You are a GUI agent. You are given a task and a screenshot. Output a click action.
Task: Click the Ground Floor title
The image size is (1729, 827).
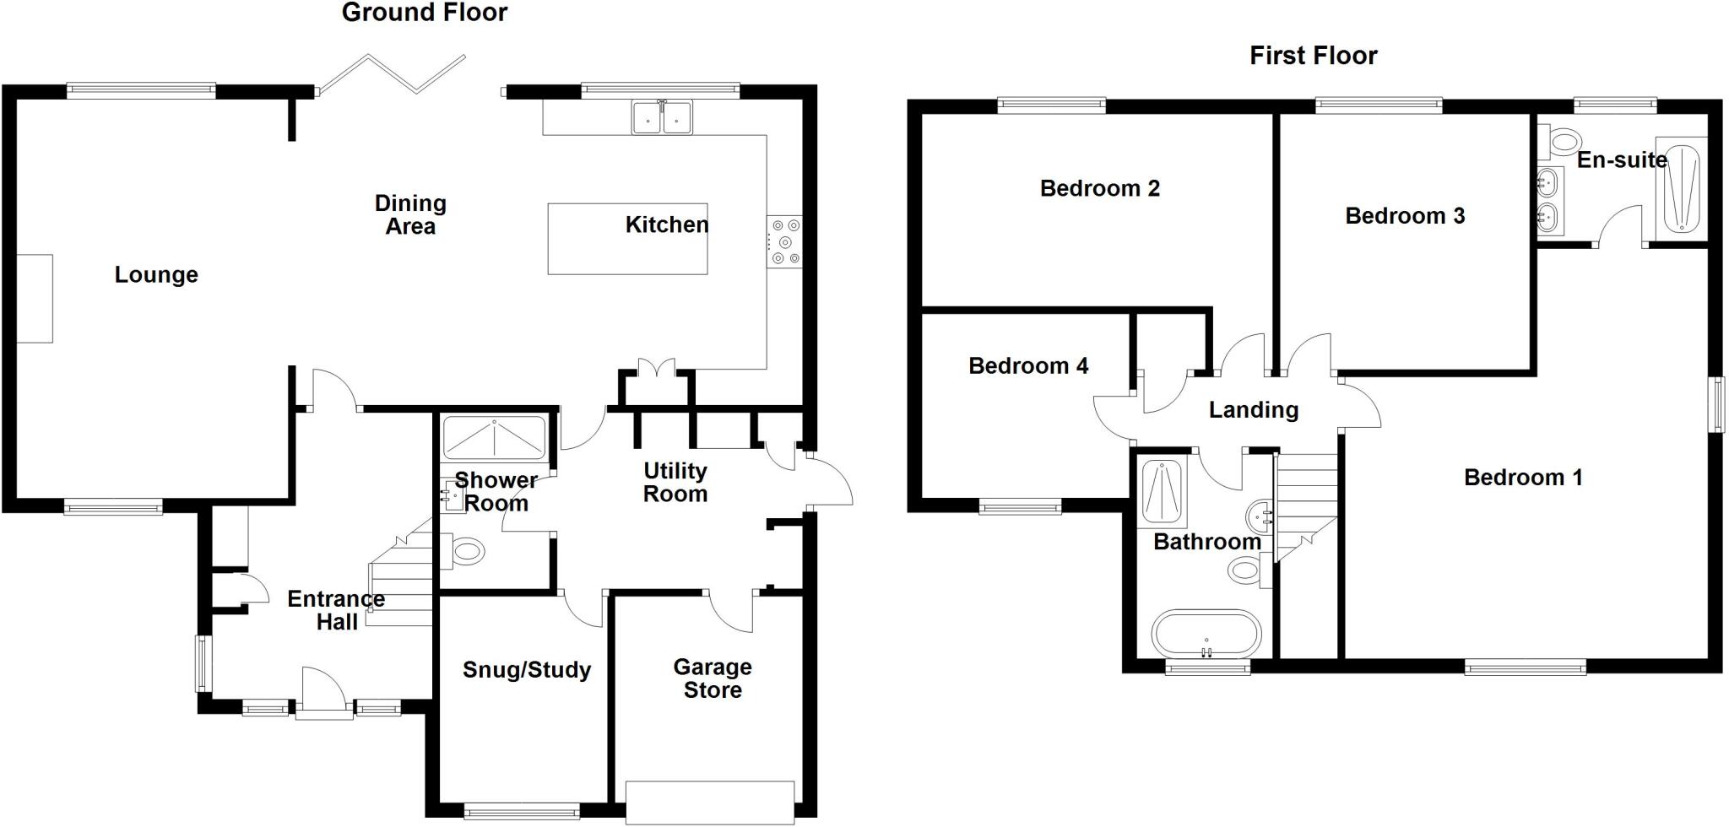point(424,13)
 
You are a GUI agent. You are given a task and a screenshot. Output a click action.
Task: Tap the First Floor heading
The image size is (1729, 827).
point(1313,56)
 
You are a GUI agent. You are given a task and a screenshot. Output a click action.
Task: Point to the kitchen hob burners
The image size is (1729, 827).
point(784,242)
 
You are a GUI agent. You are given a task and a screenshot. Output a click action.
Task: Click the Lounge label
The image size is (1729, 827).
point(156,274)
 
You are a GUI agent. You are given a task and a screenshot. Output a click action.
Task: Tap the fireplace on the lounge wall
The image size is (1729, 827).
point(35,298)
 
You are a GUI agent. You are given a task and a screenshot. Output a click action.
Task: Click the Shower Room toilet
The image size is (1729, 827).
point(463,552)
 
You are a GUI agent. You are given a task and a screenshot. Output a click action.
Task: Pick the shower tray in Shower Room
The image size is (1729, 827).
point(494,436)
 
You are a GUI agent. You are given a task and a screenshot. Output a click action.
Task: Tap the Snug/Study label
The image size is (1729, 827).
point(526,669)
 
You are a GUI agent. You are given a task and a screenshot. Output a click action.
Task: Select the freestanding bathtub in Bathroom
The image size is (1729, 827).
point(1206,633)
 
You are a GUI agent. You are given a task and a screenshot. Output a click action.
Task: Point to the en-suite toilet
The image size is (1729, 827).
point(1561,141)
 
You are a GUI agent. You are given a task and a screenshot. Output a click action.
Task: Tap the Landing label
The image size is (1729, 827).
point(1253,410)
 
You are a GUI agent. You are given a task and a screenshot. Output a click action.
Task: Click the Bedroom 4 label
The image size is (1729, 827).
point(1027,365)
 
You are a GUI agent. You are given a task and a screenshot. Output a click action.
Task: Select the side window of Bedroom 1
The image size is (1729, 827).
point(1717,404)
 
